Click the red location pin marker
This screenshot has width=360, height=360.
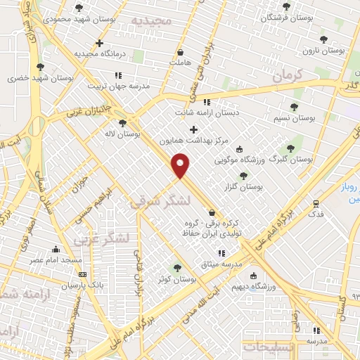click(x=181, y=165)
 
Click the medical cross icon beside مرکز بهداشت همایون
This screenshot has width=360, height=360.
click(x=193, y=129)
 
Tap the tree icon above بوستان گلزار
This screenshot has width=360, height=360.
click(x=243, y=176)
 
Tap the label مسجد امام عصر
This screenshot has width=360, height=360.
click(x=56, y=260)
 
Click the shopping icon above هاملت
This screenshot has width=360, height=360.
click(x=181, y=52)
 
